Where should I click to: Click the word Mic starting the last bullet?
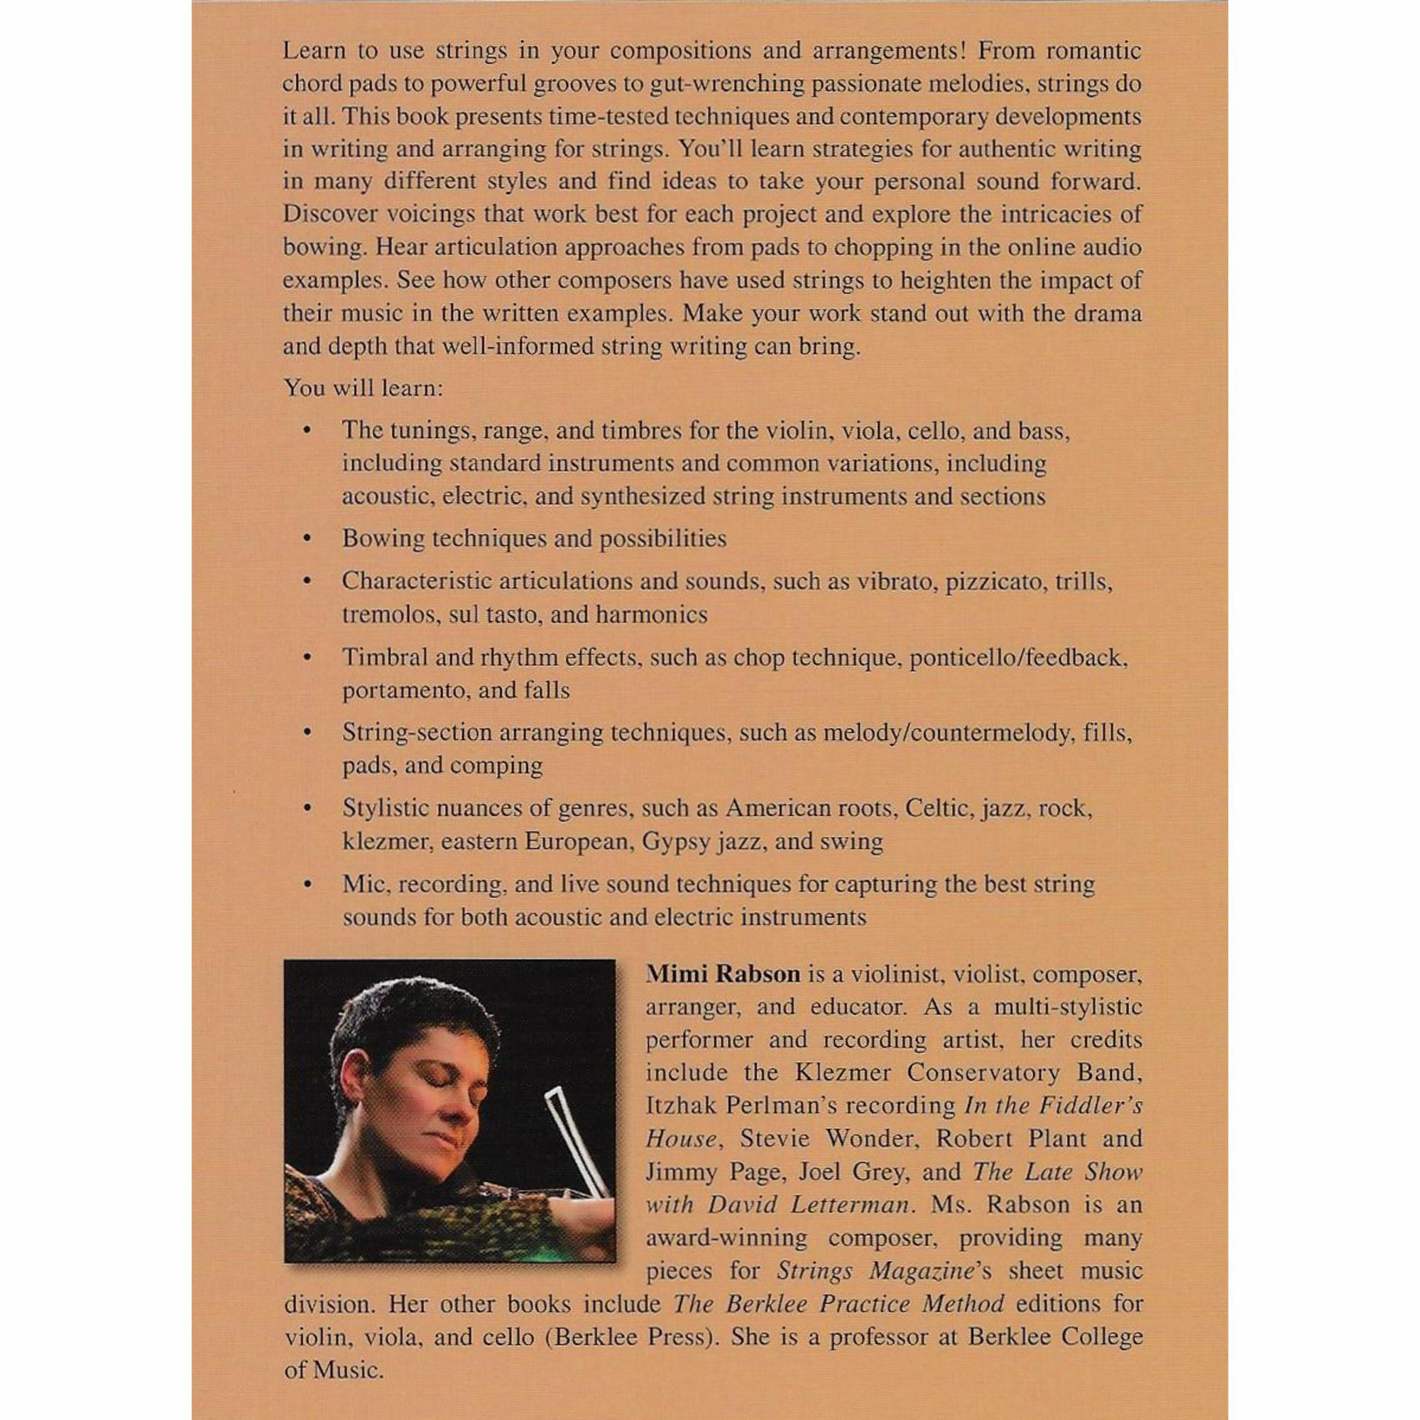[364, 884]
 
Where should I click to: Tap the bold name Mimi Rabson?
[723, 975]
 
